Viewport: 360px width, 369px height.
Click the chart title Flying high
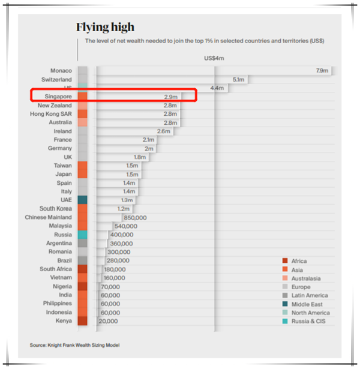[x=105, y=27]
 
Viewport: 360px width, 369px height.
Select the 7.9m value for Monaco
[x=322, y=71]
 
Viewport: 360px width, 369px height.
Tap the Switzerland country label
[x=56, y=79]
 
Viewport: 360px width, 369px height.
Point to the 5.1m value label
[x=238, y=79]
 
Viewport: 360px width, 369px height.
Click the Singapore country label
[x=58, y=97]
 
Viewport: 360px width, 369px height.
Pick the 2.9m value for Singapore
[x=171, y=97]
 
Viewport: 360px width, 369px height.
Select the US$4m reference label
[x=214, y=58]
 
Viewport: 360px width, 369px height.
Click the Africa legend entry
[x=299, y=261]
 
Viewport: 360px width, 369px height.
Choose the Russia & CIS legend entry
[x=308, y=322]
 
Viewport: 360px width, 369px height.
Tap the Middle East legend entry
[x=307, y=304]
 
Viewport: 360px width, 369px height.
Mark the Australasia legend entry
[x=305, y=278]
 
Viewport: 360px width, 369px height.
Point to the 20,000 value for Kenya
[x=107, y=321]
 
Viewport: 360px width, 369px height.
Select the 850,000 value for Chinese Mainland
[x=135, y=217]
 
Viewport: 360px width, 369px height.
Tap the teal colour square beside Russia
[x=82, y=235]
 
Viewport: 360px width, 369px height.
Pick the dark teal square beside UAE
[x=82, y=200]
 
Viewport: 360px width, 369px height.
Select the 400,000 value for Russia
[x=121, y=235]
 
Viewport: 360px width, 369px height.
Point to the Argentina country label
[x=59, y=243]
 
